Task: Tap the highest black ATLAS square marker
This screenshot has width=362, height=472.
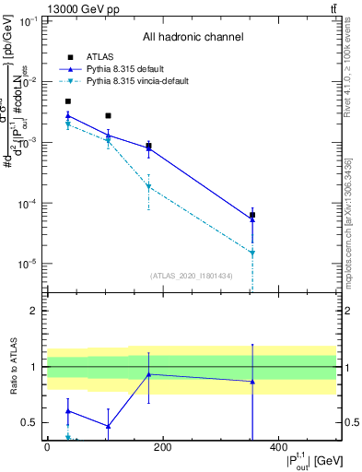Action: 68,101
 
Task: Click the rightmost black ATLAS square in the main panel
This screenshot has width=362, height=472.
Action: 252,215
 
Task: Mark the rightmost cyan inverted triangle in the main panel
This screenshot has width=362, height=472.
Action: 252,253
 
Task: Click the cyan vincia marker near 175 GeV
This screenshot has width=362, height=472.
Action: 148,186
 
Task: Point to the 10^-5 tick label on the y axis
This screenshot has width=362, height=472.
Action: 28,264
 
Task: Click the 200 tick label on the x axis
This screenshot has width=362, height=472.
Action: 163,447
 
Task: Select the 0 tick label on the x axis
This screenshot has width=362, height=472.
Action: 47,447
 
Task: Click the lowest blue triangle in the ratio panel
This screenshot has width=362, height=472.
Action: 109,426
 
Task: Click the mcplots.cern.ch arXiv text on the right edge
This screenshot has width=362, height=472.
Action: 347,220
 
